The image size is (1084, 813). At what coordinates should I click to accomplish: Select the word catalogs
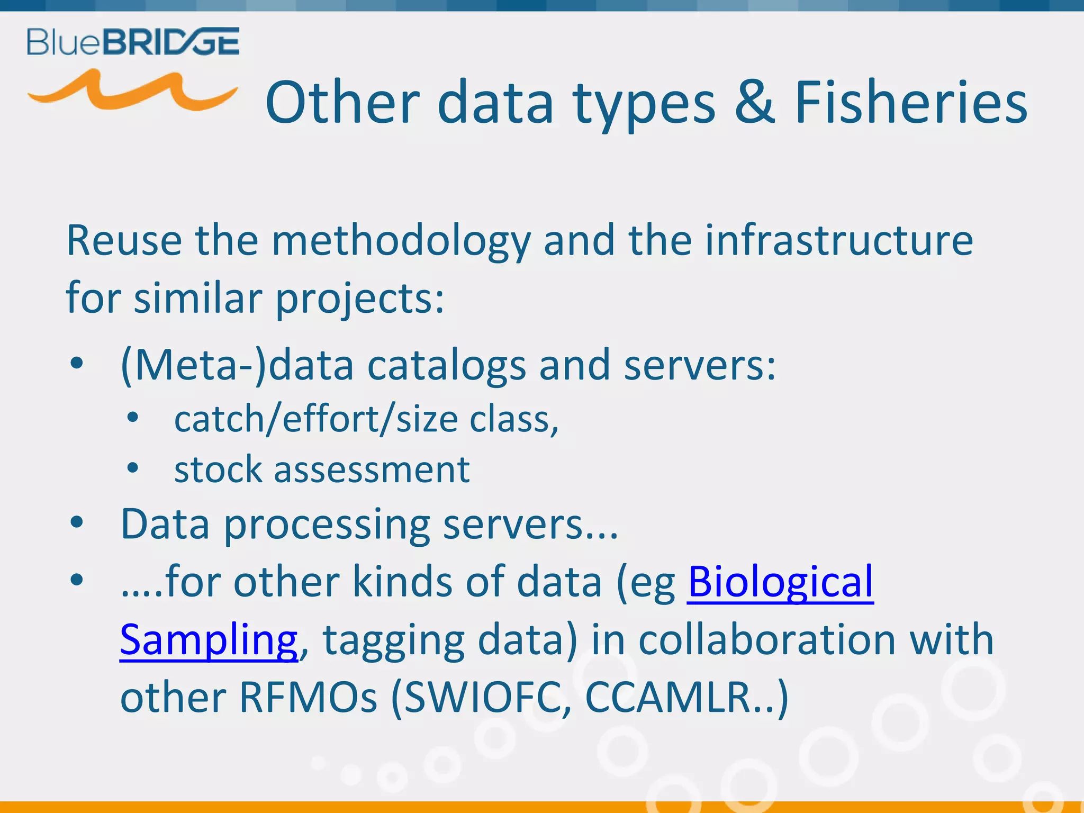click(447, 366)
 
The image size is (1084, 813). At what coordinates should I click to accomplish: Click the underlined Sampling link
click(209, 640)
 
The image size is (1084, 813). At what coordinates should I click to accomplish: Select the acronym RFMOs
click(308, 697)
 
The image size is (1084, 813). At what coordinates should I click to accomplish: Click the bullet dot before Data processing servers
click(77, 522)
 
